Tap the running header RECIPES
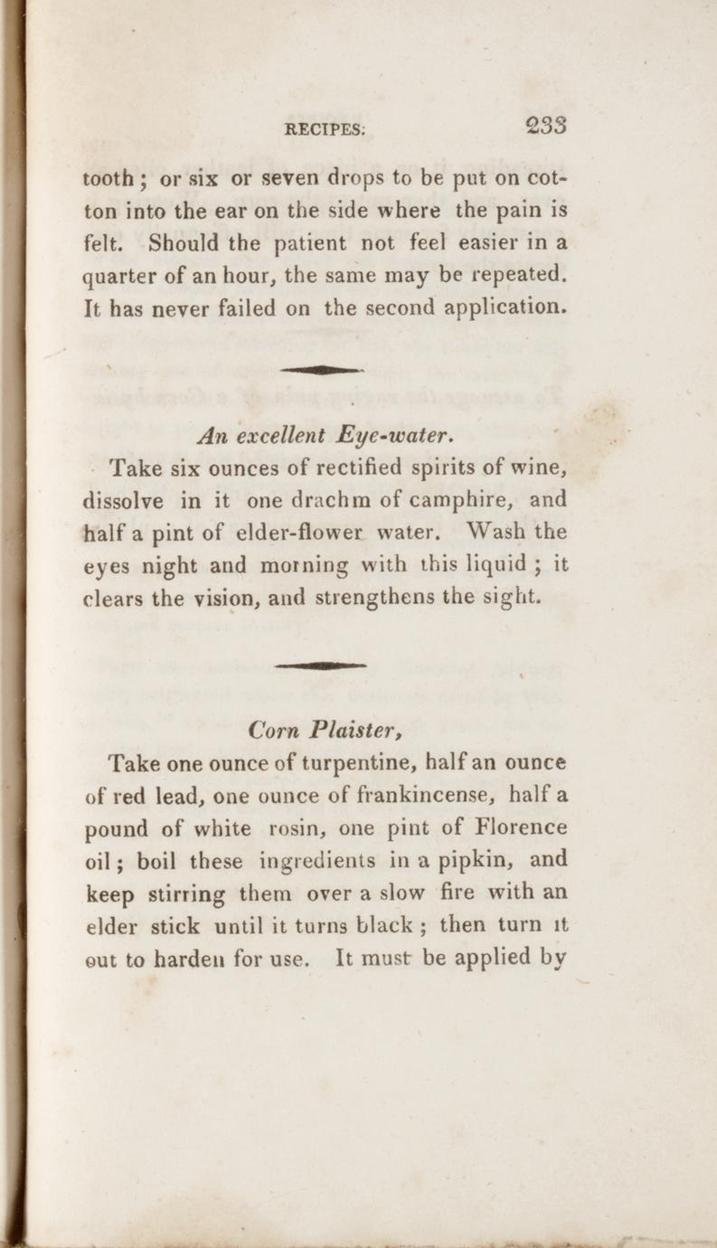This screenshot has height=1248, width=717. [325, 129]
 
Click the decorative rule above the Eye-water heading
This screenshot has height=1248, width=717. [321, 370]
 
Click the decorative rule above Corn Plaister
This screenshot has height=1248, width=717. [321, 665]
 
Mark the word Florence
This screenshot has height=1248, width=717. [522, 827]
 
